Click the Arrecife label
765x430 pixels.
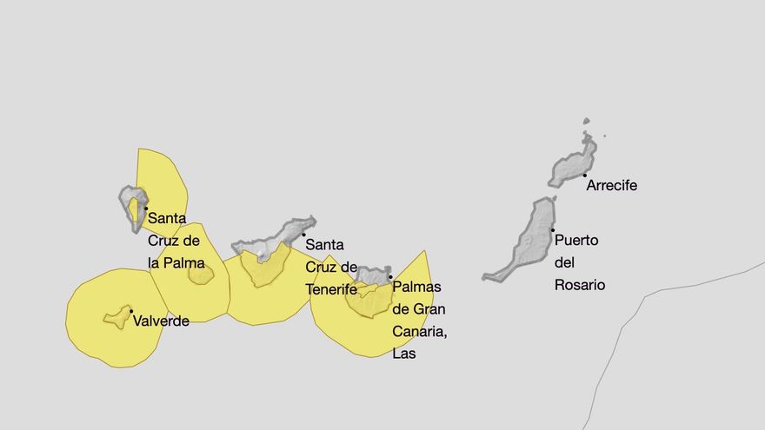(611, 185)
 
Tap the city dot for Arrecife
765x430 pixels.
(584, 175)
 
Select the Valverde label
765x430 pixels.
(161, 321)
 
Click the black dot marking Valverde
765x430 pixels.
(130, 311)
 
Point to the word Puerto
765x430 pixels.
(576, 240)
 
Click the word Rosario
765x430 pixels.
(580, 285)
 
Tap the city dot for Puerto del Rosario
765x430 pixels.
(553, 229)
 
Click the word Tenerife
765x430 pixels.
(331, 289)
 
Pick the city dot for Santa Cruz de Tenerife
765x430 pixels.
(303, 235)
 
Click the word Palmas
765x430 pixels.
(417, 286)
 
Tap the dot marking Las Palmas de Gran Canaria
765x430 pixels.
(390, 277)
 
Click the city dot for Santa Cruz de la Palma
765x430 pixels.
(145, 208)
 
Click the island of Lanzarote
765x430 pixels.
(575, 165)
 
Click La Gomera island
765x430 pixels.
(201, 275)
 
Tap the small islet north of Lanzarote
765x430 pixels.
(586, 122)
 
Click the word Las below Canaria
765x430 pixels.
(404, 354)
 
